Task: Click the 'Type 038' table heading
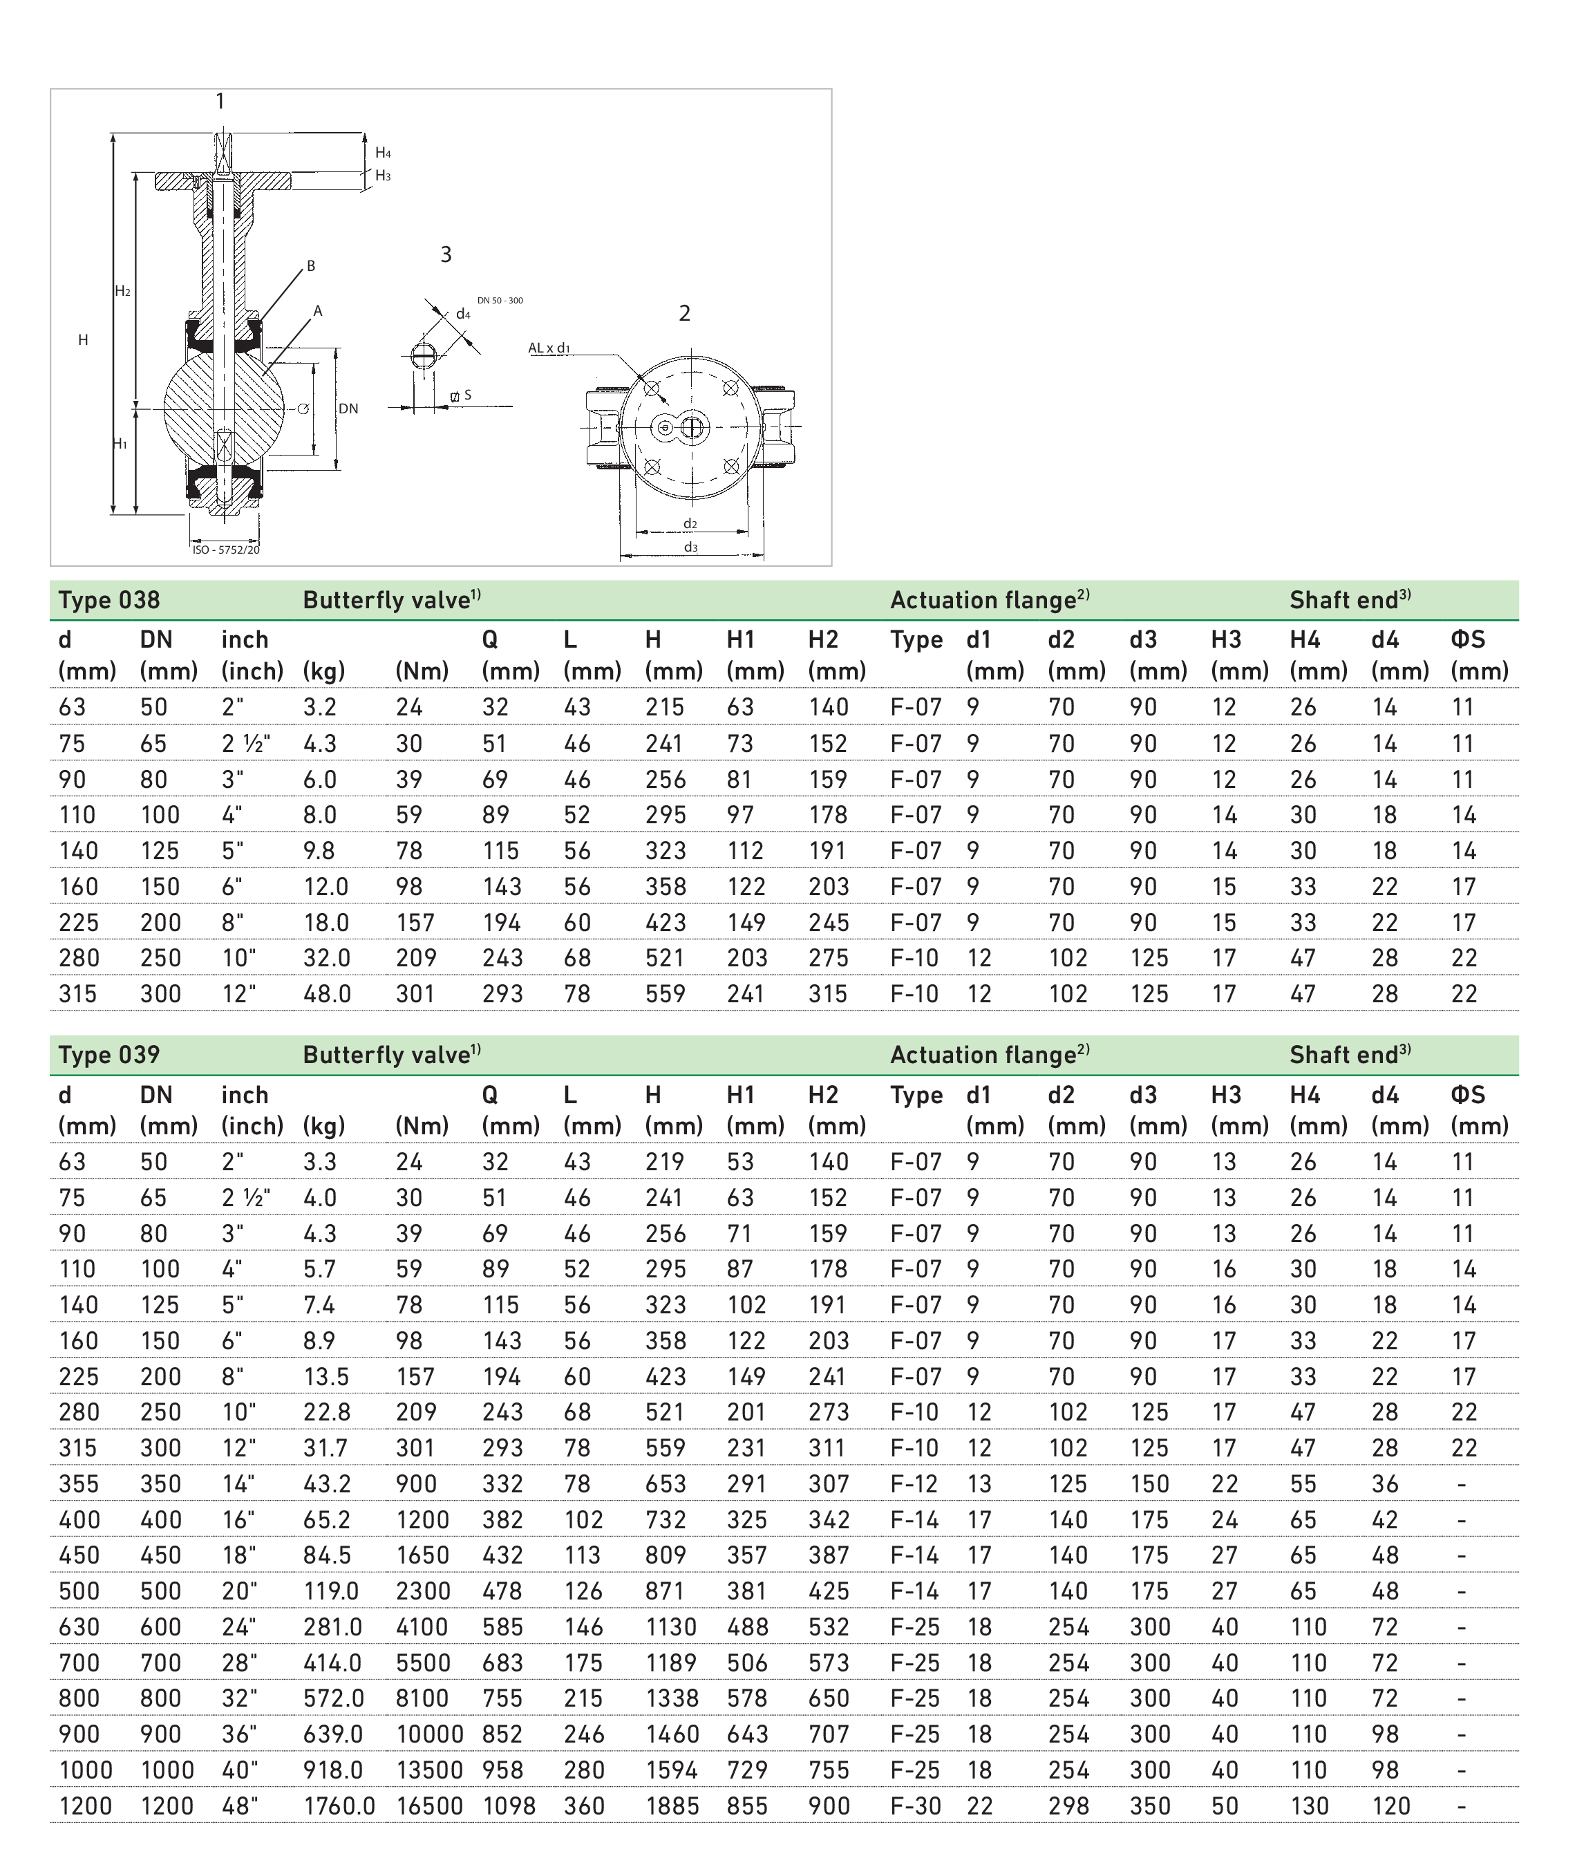[109, 599]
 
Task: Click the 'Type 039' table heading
[109, 1054]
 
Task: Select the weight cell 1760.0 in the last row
[339, 1805]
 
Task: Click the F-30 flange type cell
[915, 1805]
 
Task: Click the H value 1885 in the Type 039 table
[672, 1805]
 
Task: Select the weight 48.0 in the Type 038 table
[326, 993]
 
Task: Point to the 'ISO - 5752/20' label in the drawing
[226, 550]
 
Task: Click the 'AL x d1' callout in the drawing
[549, 348]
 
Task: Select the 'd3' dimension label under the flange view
[690, 547]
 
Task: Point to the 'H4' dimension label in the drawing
[382, 153]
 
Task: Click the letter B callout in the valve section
[311, 265]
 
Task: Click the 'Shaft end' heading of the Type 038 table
[1349, 599]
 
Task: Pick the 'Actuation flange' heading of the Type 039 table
[989, 1054]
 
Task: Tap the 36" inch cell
[238, 1734]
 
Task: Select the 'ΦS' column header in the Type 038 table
[1467, 639]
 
